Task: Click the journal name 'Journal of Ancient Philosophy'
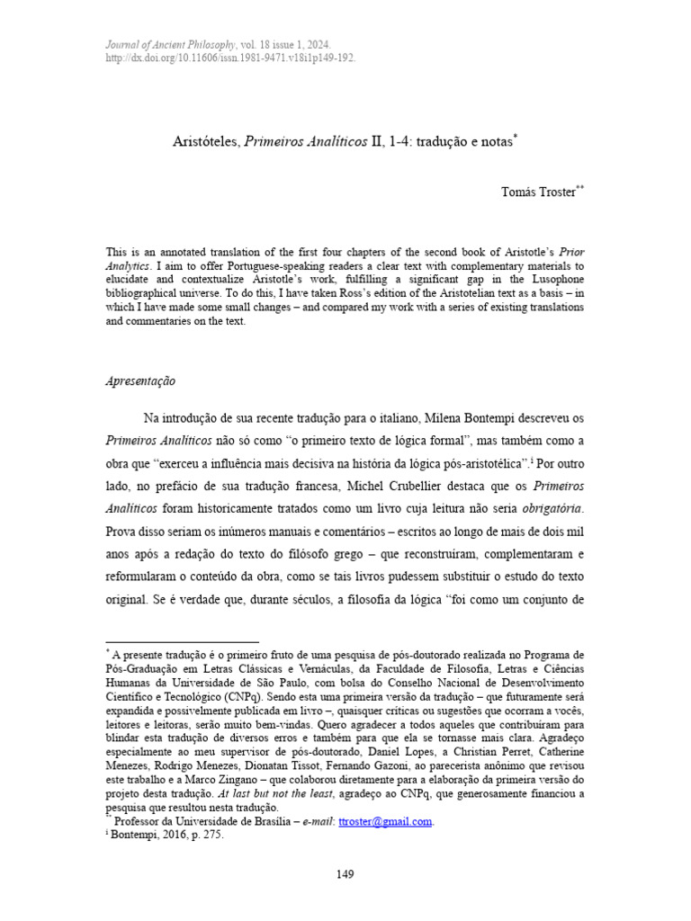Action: [170, 43]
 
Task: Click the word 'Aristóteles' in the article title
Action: [204, 141]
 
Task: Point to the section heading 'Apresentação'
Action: [140, 380]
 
